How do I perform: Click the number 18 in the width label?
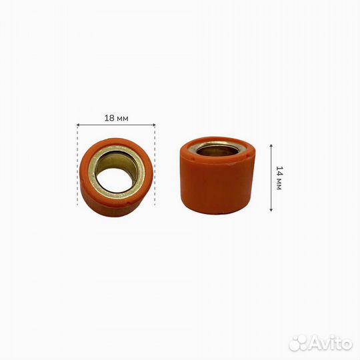click(109, 118)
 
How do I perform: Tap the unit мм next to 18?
click(123, 119)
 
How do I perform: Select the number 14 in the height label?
click(279, 171)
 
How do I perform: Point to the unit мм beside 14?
click(279, 184)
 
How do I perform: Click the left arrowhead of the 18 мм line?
click(77, 125)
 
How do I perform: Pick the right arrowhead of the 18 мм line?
click(154, 125)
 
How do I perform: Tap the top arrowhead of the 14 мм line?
click(271, 145)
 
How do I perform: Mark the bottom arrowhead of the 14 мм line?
click(271, 209)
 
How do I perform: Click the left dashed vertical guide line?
click(77, 165)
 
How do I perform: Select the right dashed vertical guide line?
click(155, 165)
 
